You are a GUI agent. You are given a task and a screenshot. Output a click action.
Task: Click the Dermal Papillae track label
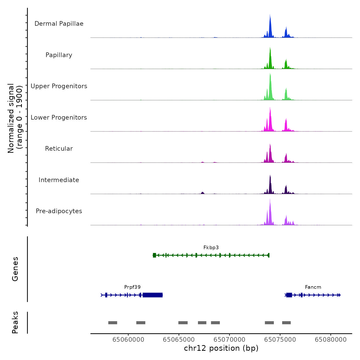coord(59,24)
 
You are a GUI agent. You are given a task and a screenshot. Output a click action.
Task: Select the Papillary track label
coord(59,55)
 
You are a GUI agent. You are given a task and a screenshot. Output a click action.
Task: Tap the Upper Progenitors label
coord(59,86)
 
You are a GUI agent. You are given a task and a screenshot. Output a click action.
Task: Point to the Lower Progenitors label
coord(59,118)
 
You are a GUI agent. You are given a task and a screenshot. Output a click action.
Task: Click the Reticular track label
coord(59,149)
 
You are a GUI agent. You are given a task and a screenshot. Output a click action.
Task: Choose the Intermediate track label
coord(59,180)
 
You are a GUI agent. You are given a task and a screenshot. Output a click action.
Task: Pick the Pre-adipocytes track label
coord(59,211)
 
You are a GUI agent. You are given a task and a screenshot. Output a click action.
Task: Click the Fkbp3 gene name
coord(211,248)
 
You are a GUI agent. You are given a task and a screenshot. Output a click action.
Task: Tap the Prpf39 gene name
coord(132,287)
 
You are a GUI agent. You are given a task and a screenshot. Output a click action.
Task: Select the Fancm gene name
coord(313,287)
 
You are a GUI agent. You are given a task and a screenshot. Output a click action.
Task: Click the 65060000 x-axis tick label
coord(128,340)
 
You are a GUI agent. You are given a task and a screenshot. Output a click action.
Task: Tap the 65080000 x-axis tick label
coord(331,340)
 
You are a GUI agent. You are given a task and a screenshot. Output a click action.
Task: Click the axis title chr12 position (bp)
coord(221,348)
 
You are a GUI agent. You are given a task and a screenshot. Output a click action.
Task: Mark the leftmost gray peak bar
coord(113,323)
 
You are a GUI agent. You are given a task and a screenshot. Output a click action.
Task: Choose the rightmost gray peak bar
coord(286,323)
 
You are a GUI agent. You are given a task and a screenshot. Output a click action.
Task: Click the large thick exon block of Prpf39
coord(152,295)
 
